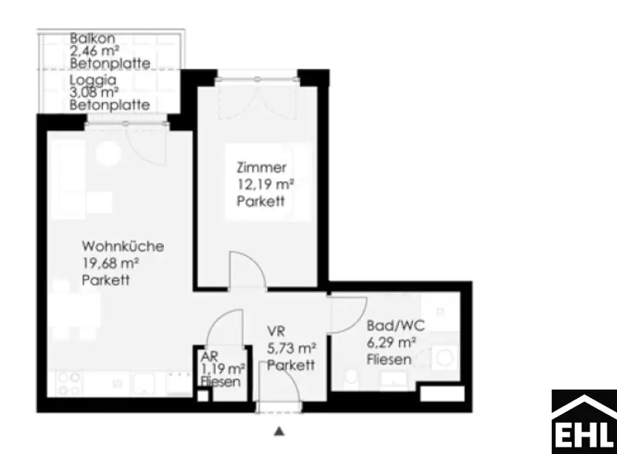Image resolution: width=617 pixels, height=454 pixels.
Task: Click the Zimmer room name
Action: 261,168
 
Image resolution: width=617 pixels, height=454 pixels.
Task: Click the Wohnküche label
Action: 123,246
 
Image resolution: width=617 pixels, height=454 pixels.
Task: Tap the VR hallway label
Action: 276,331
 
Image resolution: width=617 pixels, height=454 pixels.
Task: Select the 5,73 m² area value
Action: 292,347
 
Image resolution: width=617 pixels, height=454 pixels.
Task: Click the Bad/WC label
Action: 396,326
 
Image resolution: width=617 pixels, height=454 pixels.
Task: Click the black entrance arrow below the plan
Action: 278,431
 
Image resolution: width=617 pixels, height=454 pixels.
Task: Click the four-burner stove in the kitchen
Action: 69,384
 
